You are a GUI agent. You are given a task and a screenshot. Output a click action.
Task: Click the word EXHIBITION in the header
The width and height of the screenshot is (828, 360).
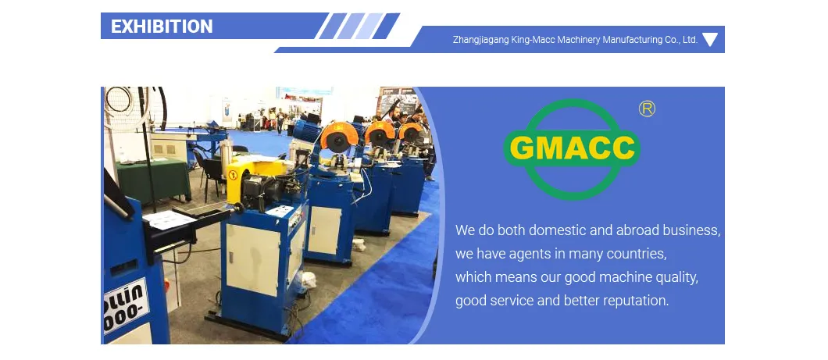162,27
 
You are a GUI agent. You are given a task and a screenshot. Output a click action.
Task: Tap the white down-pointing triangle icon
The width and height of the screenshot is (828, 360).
710,39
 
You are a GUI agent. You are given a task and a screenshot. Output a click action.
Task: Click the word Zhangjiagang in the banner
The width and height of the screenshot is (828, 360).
480,40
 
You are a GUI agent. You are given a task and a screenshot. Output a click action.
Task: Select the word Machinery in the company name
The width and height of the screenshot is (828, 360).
579,40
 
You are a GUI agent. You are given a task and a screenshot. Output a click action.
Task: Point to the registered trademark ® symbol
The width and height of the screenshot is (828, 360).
647,109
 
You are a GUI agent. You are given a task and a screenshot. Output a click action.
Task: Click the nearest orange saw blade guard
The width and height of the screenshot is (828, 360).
339,136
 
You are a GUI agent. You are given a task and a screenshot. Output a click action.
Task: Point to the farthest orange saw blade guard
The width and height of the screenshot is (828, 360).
411,132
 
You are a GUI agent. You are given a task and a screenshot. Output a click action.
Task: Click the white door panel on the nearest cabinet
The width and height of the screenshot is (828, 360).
252,260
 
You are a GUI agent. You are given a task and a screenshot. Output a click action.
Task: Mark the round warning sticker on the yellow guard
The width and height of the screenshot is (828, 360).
233,175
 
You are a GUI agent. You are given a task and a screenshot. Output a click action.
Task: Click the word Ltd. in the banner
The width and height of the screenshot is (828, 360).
690,40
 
